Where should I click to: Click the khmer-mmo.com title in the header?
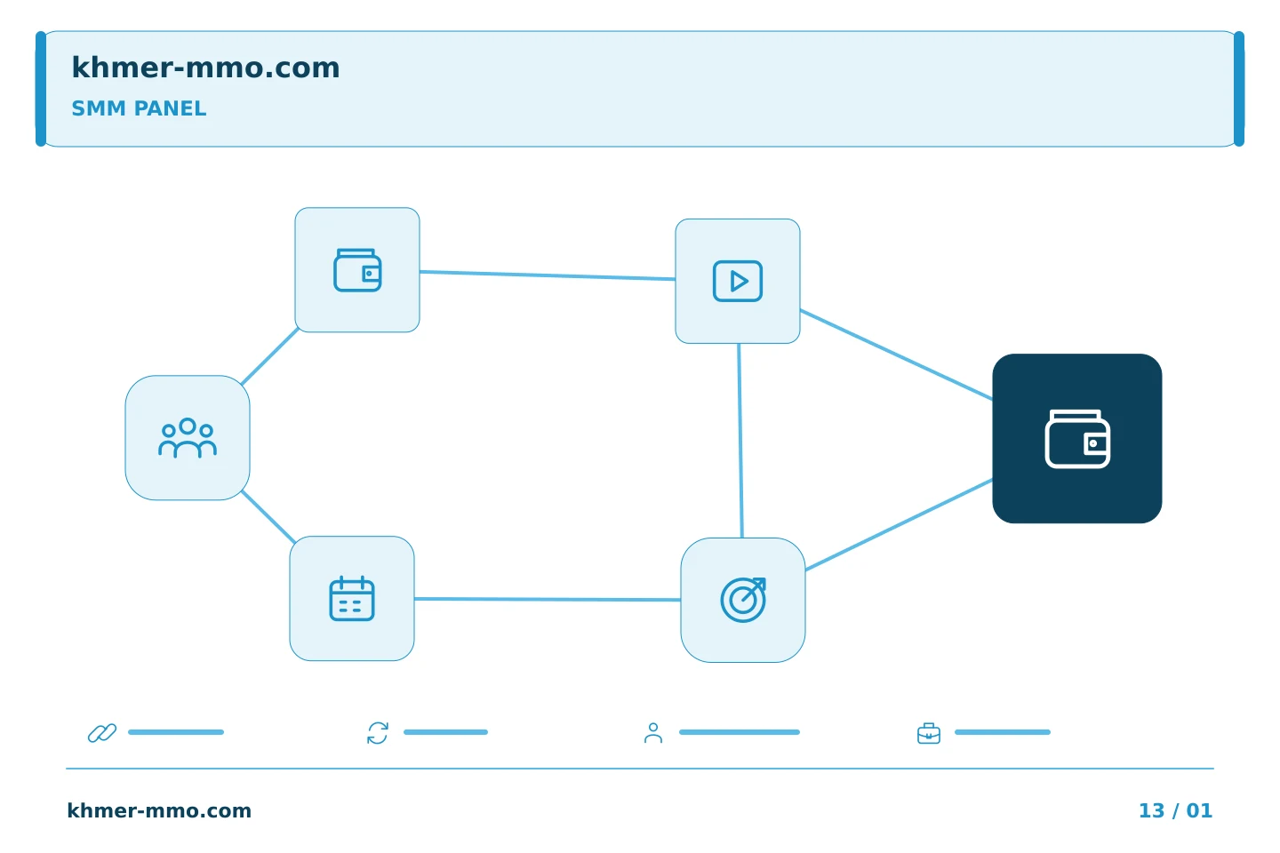click(205, 68)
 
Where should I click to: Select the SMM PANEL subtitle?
click(139, 108)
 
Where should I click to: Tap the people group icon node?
click(188, 438)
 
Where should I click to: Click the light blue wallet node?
click(357, 269)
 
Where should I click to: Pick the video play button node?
click(738, 281)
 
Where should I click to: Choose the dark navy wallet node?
click(1077, 438)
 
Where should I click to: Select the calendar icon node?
click(352, 598)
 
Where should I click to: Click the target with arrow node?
click(743, 600)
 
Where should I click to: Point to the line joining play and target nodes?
click(740, 441)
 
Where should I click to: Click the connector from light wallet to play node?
click(548, 275)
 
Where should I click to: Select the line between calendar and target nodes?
click(548, 600)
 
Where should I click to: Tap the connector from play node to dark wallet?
click(896, 355)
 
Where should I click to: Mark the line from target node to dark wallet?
click(899, 525)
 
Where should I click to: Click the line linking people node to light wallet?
click(269, 356)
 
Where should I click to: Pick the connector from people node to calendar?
click(268, 517)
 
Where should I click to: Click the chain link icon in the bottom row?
click(102, 733)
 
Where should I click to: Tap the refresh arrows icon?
click(378, 733)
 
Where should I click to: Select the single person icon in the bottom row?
click(653, 733)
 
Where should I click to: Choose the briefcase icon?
click(929, 734)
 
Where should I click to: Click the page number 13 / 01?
click(1175, 810)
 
